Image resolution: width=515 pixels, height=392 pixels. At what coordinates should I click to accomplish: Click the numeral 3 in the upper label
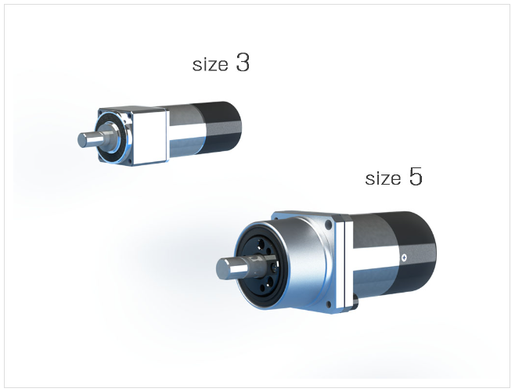point(243,63)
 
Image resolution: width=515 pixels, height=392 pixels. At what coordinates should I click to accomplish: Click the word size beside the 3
point(210,64)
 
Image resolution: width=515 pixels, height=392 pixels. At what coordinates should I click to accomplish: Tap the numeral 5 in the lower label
point(416,176)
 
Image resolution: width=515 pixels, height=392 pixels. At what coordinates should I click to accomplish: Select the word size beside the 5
point(383,178)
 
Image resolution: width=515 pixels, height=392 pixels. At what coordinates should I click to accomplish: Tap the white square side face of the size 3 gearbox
point(150,137)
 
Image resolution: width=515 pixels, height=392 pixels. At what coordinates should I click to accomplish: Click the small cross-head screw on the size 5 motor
point(404,257)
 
